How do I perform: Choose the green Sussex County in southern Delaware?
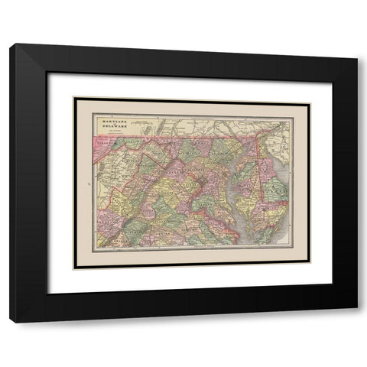(x=276, y=190)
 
